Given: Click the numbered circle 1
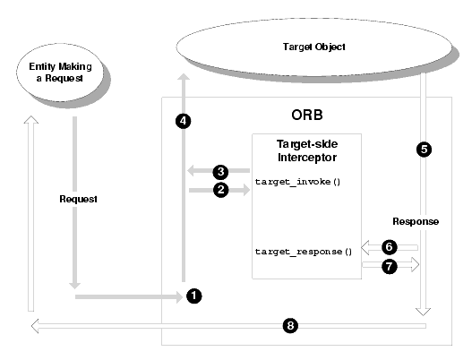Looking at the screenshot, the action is (x=193, y=296).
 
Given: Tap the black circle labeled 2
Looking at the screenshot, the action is (x=221, y=190).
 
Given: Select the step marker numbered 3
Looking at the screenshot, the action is (x=221, y=172).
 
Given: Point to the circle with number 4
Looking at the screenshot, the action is (x=183, y=121).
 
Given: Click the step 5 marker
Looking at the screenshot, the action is (x=424, y=150).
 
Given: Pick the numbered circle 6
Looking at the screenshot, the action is (x=390, y=247).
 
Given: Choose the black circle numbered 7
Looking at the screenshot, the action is (x=390, y=266).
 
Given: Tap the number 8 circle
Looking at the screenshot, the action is (x=290, y=326).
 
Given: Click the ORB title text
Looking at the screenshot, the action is (x=307, y=115).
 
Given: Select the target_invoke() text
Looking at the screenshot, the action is (x=297, y=182).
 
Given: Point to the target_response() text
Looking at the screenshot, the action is (x=304, y=252).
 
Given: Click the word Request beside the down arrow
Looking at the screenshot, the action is (x=78, y=200).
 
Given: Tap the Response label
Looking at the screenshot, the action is (x=416, y=222).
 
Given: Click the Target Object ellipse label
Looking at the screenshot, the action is (x=314, y=47).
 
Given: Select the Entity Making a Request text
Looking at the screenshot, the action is (x=60, y=73).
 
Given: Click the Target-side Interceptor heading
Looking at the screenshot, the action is (x=307, y=150).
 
